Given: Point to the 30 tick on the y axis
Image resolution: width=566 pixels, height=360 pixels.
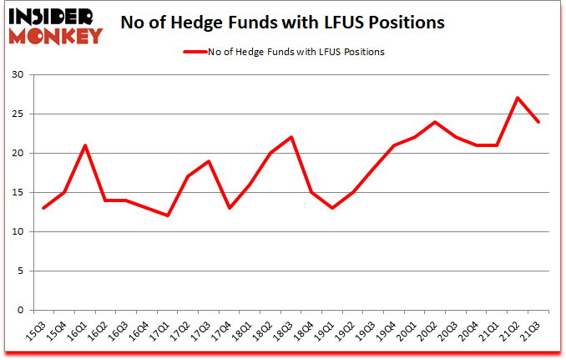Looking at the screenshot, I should coord(18,75).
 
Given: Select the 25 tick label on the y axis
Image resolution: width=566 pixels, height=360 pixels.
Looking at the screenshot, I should coord(18,114).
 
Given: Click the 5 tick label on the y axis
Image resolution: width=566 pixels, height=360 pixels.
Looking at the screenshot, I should coord(20,271).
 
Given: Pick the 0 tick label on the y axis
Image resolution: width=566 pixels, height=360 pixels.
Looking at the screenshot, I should coord(20,310).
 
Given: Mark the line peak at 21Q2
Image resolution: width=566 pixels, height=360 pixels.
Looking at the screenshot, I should coord(518,98).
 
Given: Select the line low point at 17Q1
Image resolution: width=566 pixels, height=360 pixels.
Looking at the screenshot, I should coord(168,215).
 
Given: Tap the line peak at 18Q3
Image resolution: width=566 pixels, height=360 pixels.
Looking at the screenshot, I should coord(291,137).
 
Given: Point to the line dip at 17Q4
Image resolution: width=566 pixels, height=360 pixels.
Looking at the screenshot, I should coord(230,208).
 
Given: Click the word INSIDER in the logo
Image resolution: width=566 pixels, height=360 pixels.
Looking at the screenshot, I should coord(53,16).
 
